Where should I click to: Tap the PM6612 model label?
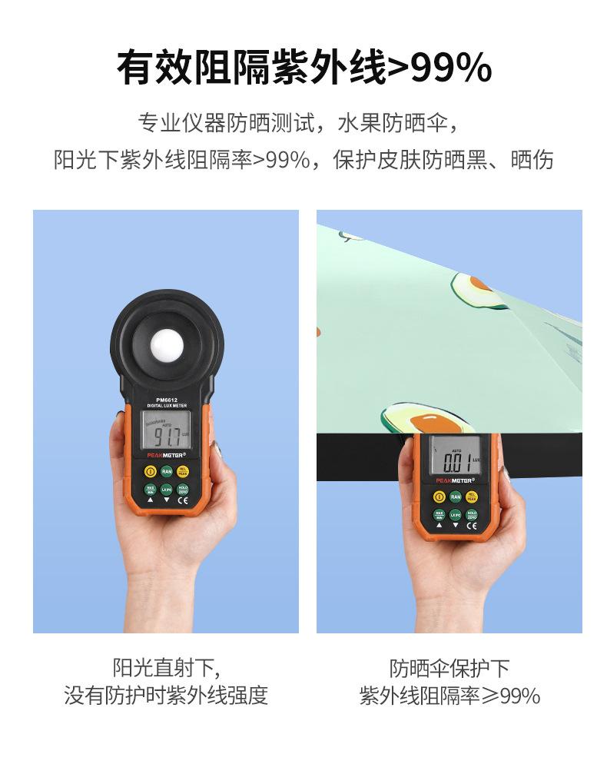click(167, 399)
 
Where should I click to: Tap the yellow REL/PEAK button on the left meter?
click(183, 471)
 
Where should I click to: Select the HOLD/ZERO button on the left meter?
click(183, 488)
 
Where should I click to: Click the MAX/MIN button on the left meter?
click(150, 488)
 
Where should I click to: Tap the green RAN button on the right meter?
click(455, 497)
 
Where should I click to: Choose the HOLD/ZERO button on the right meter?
click(471, 514)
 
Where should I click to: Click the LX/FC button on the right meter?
click(455, 514)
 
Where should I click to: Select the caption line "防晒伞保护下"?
click(449, 667)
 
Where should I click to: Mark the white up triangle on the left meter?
click(150, 501)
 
